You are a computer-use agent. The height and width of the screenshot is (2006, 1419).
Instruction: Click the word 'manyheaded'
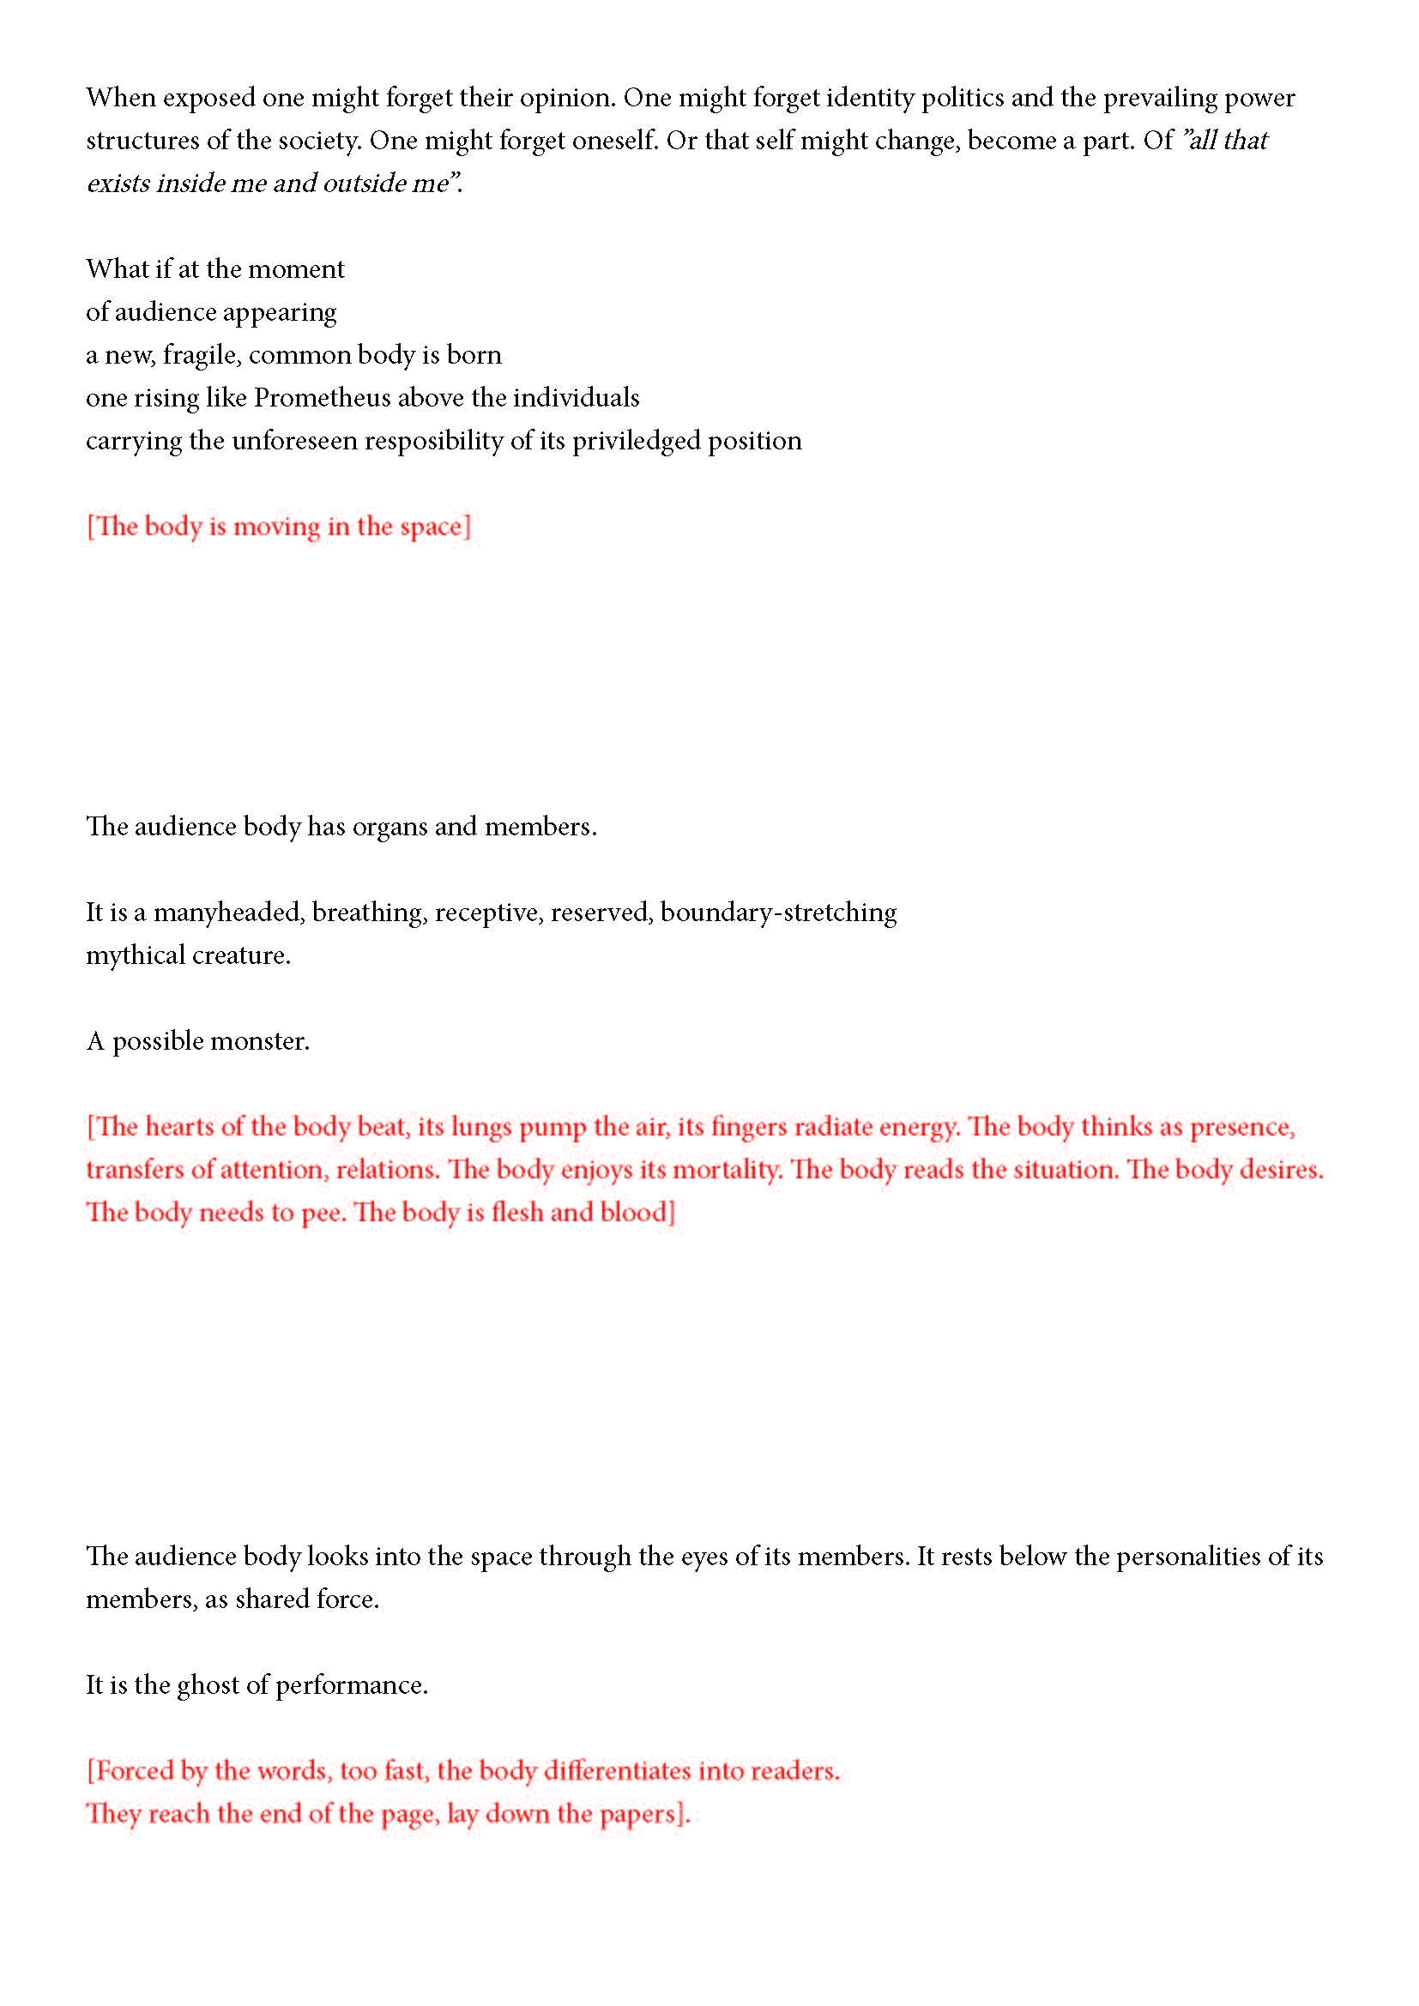(228, 913)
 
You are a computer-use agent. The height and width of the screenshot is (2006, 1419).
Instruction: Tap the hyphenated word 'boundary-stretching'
(777, 913)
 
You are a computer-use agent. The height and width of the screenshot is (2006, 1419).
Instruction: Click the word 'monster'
(257, 1041)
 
